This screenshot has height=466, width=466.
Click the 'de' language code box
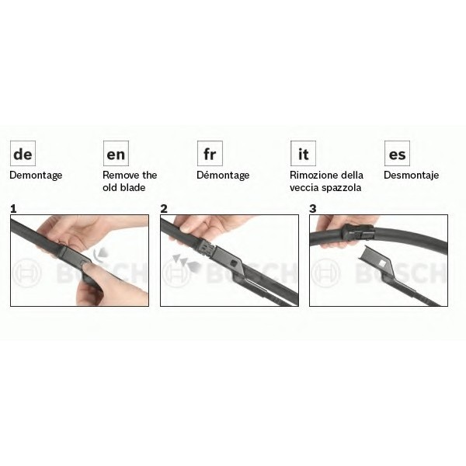pyautogui.click(x=23, y=153)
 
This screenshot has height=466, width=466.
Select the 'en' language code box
pyautogui.click(x=116, y=153)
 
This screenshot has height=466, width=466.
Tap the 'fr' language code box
pyautogui.click(x=210, y=153)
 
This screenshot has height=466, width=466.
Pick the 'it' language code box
pyautogui.click(x=303, y=153)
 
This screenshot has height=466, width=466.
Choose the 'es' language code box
pyautogui.click(x=397, y=153)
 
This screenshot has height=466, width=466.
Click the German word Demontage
pyautogui.click(x=36, y=176)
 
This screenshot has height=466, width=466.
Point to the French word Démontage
pyautogui.click(x=223, y=175)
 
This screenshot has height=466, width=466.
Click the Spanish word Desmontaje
pyautogui.click(x=412, y=176)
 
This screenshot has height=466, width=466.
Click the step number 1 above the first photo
pyautogui.click(x=13, y=209)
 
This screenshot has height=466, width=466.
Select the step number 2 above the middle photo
pyautogui.click(x=164, y=209)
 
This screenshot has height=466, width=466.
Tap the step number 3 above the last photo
pyautogui.click(x=313, y=209)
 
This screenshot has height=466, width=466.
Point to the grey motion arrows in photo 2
pyautogui.click(x=186, y=263)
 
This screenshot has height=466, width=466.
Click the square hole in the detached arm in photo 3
pyautogui.click(x=381, y=263)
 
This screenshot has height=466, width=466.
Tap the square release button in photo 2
pyautogui.click(x=233, y=263)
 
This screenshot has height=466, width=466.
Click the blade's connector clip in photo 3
pyautogui.click(x=357, y=231)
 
